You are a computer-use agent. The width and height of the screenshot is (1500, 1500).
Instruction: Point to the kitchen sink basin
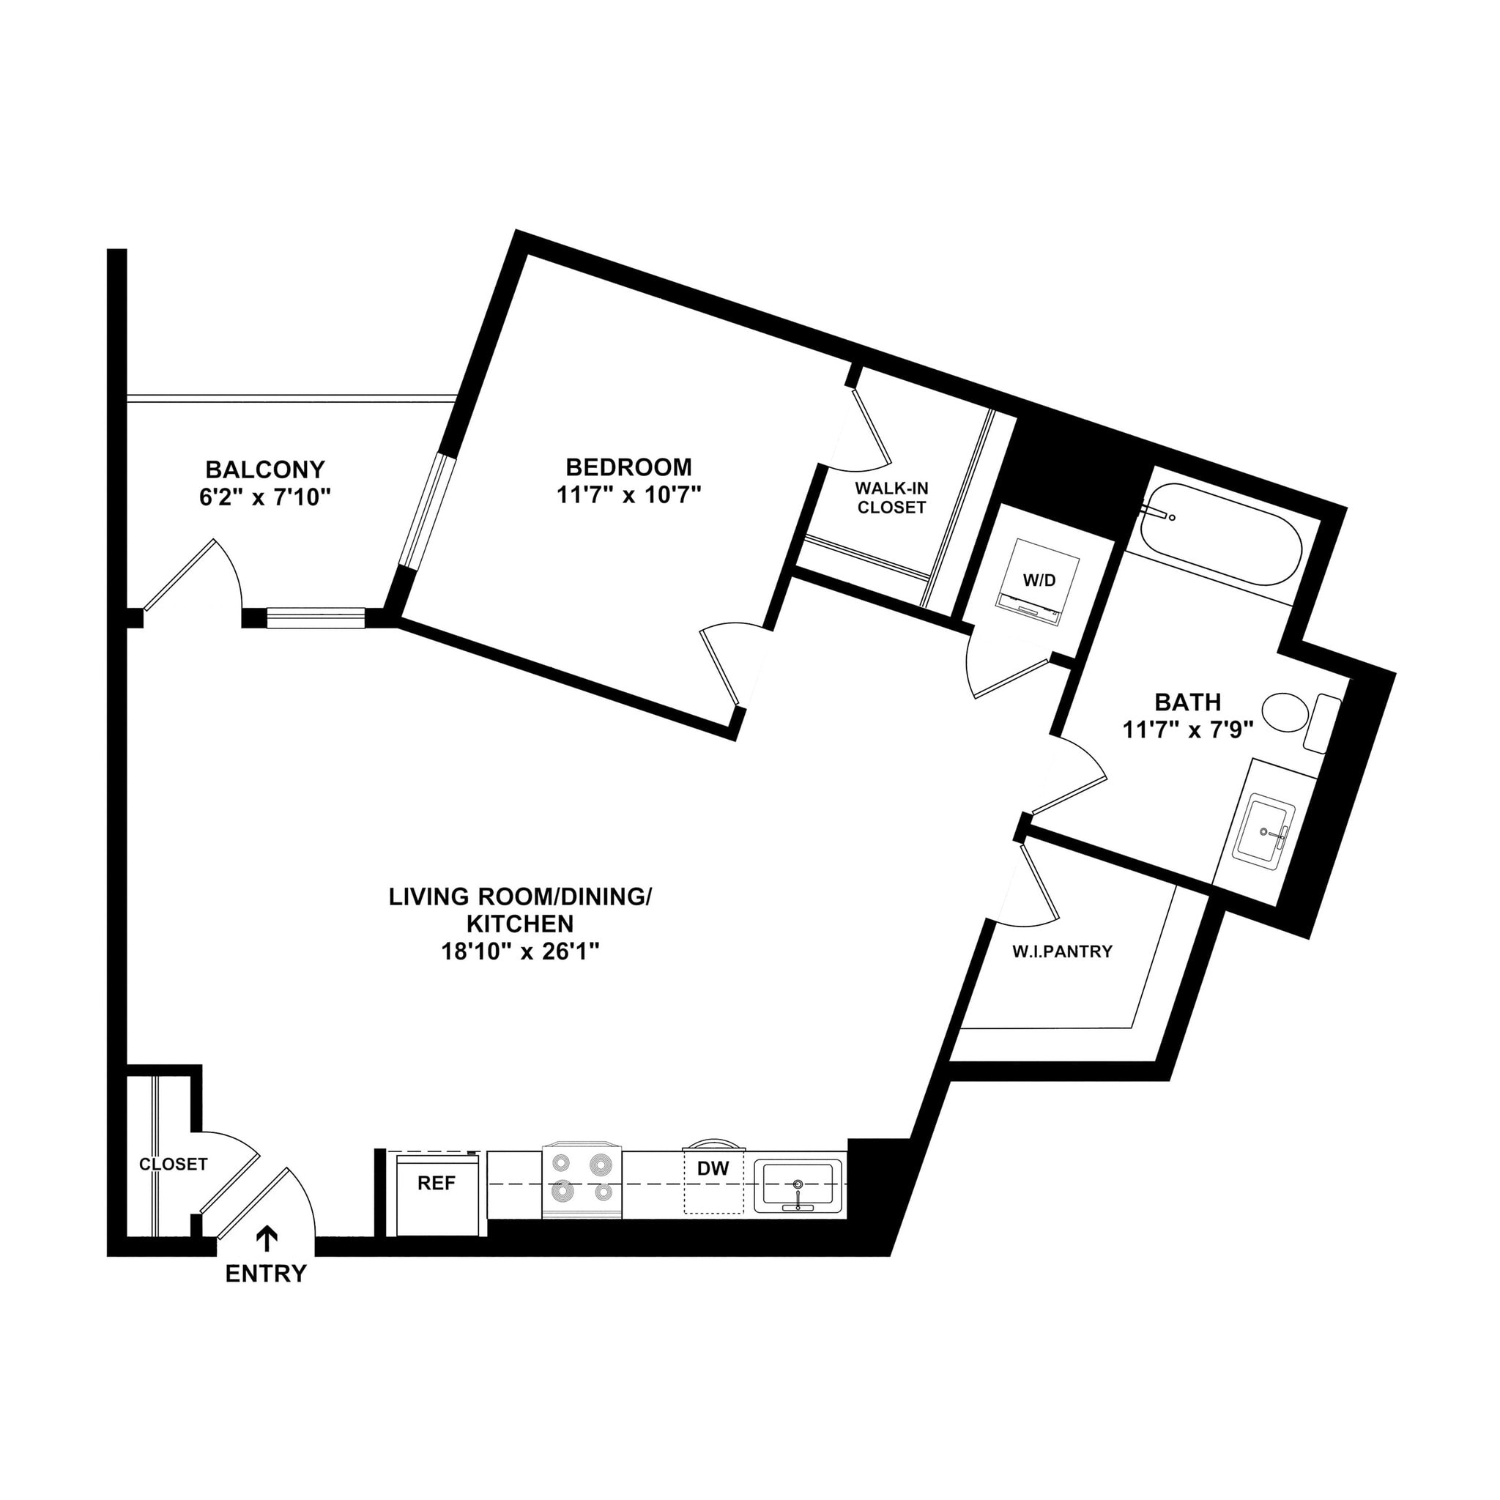798,1187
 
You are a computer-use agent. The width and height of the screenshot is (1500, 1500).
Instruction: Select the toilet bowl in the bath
1285,712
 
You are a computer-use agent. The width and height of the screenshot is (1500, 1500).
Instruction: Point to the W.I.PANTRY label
1062,951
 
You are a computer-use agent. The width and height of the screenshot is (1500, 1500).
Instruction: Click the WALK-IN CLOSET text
891,497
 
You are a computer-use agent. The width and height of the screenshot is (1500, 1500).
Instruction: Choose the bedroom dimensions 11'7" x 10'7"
629,494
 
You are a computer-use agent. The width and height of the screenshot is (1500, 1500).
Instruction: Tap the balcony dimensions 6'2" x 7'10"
266,497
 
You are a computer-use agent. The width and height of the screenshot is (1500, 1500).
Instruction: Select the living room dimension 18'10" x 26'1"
519,952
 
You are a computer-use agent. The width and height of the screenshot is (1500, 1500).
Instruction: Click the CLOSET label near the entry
173,1165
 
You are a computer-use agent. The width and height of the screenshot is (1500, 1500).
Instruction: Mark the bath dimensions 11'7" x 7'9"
1188,729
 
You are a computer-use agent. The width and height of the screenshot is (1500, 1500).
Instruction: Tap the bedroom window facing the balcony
429,513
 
